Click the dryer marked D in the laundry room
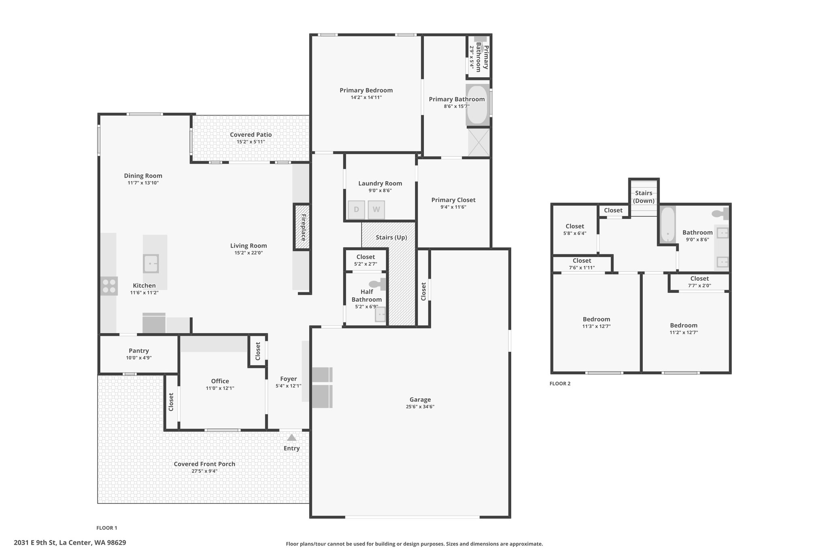[356, 209]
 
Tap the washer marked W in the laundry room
[376, 209]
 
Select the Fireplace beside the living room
[302, 227]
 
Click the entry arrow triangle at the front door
[291, 438]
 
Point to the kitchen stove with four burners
[109, 286]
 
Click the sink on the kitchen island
[151, 264]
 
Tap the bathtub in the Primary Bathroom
[478, 105]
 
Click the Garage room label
[420, 400]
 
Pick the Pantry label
[139, 351]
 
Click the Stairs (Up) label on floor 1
[391, 237]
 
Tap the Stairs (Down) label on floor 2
[644, 197]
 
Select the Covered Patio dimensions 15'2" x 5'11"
[251, 142]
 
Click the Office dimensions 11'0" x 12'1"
[220, 388]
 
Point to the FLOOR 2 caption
[560, 383]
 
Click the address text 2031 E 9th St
[36, 543]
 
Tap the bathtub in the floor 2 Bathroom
[668, 225]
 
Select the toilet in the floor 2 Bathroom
[721, 213]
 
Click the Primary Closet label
[453, 200]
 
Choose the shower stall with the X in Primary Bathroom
[479, 142]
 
